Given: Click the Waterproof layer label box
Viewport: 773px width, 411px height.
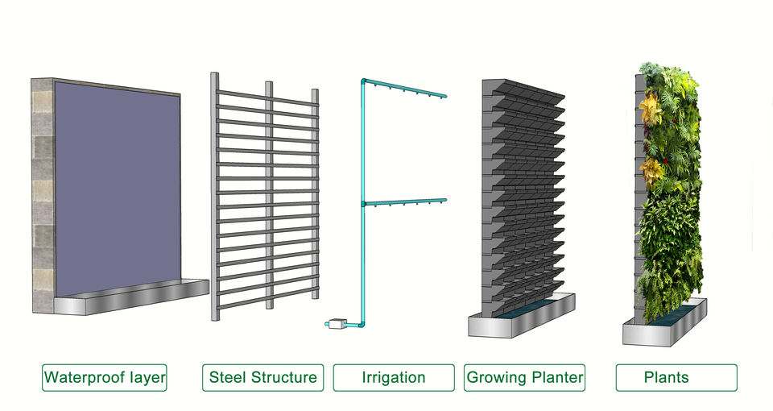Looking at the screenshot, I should [x=105, y=377].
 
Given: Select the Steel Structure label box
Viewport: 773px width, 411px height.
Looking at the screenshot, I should [x=262, y=377].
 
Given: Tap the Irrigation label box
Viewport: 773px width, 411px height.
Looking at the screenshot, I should [x=394, y=377].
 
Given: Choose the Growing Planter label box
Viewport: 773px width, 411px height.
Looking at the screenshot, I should [x=525, y=377].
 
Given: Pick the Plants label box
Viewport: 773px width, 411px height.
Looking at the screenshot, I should [x=676, y=377].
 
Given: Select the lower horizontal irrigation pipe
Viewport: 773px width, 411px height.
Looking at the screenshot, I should [x=407, y=202].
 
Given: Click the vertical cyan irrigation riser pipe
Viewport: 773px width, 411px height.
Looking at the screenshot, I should [x=363, y=242].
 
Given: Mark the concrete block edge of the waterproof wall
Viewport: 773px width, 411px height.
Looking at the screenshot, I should [x=42, y=193].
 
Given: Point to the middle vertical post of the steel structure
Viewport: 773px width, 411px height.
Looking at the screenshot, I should [x=269, y=193].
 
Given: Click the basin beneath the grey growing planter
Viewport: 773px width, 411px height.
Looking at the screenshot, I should [x=523, y=316].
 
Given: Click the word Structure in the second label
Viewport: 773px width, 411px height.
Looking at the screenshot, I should [x=287, y=377].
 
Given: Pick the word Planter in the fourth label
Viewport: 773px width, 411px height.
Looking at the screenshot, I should [x=555, y=377].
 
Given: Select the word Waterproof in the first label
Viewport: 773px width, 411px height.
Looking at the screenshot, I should [x=83, y=377].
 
